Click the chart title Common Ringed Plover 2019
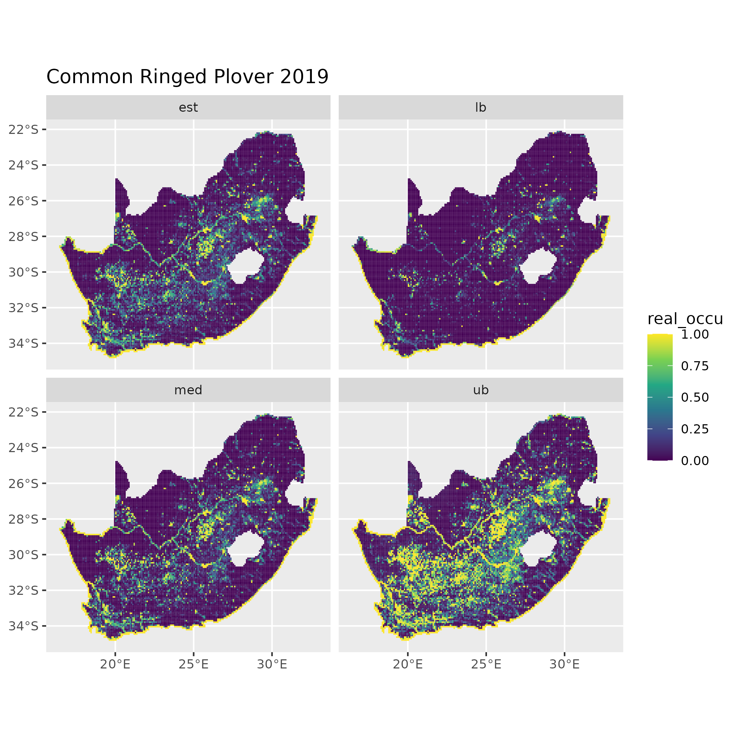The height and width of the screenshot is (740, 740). pyautogui.click(x=187, y=76)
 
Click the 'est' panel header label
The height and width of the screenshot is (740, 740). pyautogui.click(x=188, y=107)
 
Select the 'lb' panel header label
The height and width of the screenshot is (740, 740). pyautogui.click(x=480, y=107)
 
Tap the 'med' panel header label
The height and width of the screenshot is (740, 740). pyautogui.click(x=188, y=390)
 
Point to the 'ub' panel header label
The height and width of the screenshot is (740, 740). pyautogui.click(x=480, y=390)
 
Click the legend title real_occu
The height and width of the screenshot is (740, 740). pyautogui.click(x=685, y=319)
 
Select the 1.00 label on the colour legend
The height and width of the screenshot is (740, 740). pyautogui.click(x=695, y=334)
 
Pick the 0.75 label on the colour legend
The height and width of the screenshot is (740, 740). pyautogui.click(x=695, y=366)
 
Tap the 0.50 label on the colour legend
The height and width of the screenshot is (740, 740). pyautogui.click(x=695, y=397)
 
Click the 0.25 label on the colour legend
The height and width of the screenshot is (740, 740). pyautogui.click(x=695, y=429)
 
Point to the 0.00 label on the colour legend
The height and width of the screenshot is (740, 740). pyautogui.click(x=695, y=461)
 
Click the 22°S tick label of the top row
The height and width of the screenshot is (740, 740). pyautogui.click(x=24, y=129)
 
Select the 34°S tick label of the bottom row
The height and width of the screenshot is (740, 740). pyautogui.click(x=24, y=626)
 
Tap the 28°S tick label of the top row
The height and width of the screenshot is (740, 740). pyautogui.click(x=24, y=236)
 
